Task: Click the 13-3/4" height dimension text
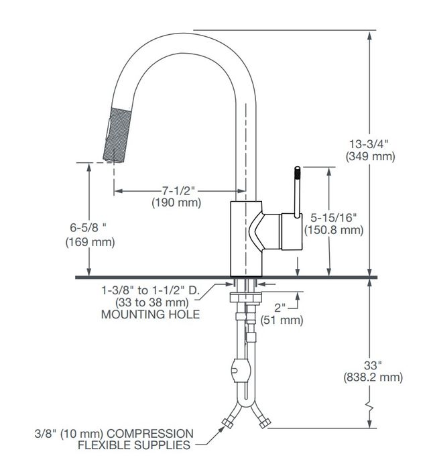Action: tap(369, 143)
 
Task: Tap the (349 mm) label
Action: tap(371, 156)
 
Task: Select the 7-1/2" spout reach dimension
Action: tap(178, 191)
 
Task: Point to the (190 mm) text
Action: tap(176, 202)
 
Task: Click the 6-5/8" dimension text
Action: tap(88, 227)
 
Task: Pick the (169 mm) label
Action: tap(90, 242)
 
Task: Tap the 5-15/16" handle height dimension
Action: tap(333, 217)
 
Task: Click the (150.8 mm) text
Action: tap(334, 230)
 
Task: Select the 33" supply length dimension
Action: tap(373, 365)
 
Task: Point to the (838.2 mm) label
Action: tap(373, 377)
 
